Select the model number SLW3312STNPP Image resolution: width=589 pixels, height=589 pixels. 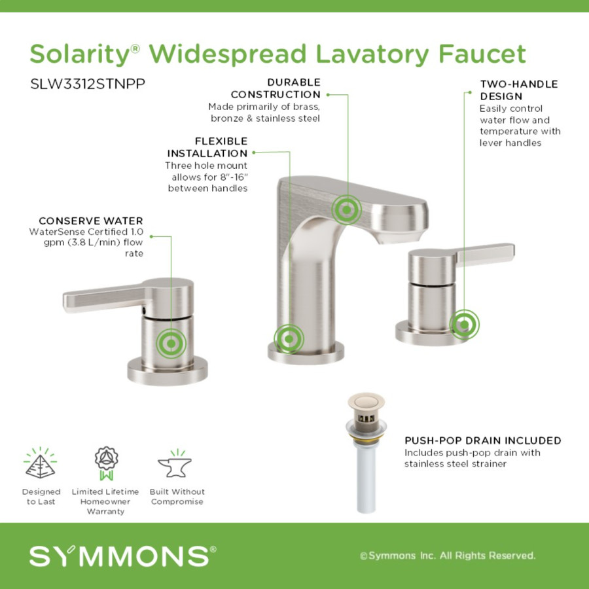[88, 84]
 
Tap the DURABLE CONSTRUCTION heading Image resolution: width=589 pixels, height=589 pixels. [276, 88]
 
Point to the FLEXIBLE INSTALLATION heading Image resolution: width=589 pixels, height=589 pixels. [207, 147]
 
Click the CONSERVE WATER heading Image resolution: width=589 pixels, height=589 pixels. [91, 221]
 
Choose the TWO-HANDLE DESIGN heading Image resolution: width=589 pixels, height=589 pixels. [519, 90]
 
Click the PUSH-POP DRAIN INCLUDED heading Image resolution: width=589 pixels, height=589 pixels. [483, 440]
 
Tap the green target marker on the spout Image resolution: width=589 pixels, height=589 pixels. [346, 209]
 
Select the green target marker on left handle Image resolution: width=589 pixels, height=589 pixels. [171, 344]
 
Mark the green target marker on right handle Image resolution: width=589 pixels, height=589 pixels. [464, 325]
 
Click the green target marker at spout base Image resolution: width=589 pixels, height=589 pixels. [289, 339]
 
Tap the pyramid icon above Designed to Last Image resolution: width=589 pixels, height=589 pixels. [40, 463]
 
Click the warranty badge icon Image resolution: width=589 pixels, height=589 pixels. [106, 463]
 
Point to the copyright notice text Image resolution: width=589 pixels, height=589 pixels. [448, 556]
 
